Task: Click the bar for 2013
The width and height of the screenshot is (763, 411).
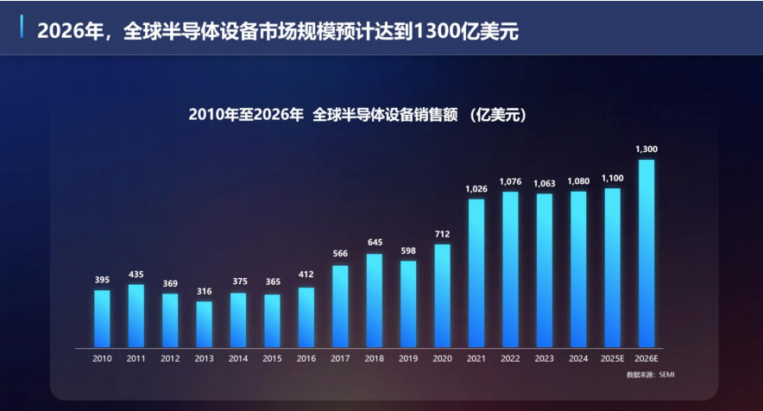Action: pos(204,323)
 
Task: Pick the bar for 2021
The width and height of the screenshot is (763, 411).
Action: pos(476,272)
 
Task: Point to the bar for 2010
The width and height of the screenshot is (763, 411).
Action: pos(102,317)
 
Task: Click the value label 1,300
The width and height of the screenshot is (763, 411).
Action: pos(646,149)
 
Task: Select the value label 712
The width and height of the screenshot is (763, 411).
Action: pos(442,234)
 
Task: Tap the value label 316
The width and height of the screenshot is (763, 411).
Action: pos(204,291)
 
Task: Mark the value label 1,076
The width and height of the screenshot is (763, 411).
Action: pos(510,181)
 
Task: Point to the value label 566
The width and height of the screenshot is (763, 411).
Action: pos(340,254)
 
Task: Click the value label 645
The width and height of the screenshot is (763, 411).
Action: pos(375,243)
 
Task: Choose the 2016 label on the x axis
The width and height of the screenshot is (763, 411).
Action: pos(306,357)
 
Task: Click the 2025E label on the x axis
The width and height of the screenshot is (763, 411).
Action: pos(612,357)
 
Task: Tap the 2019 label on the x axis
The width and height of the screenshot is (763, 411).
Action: pos(408,357)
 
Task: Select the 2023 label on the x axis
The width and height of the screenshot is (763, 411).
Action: pos(544,357)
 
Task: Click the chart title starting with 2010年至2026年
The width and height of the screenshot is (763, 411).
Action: pos(357,114)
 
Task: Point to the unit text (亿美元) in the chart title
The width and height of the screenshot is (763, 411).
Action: pos(499,114)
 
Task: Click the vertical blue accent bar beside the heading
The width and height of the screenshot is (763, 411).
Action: pos(22,28)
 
